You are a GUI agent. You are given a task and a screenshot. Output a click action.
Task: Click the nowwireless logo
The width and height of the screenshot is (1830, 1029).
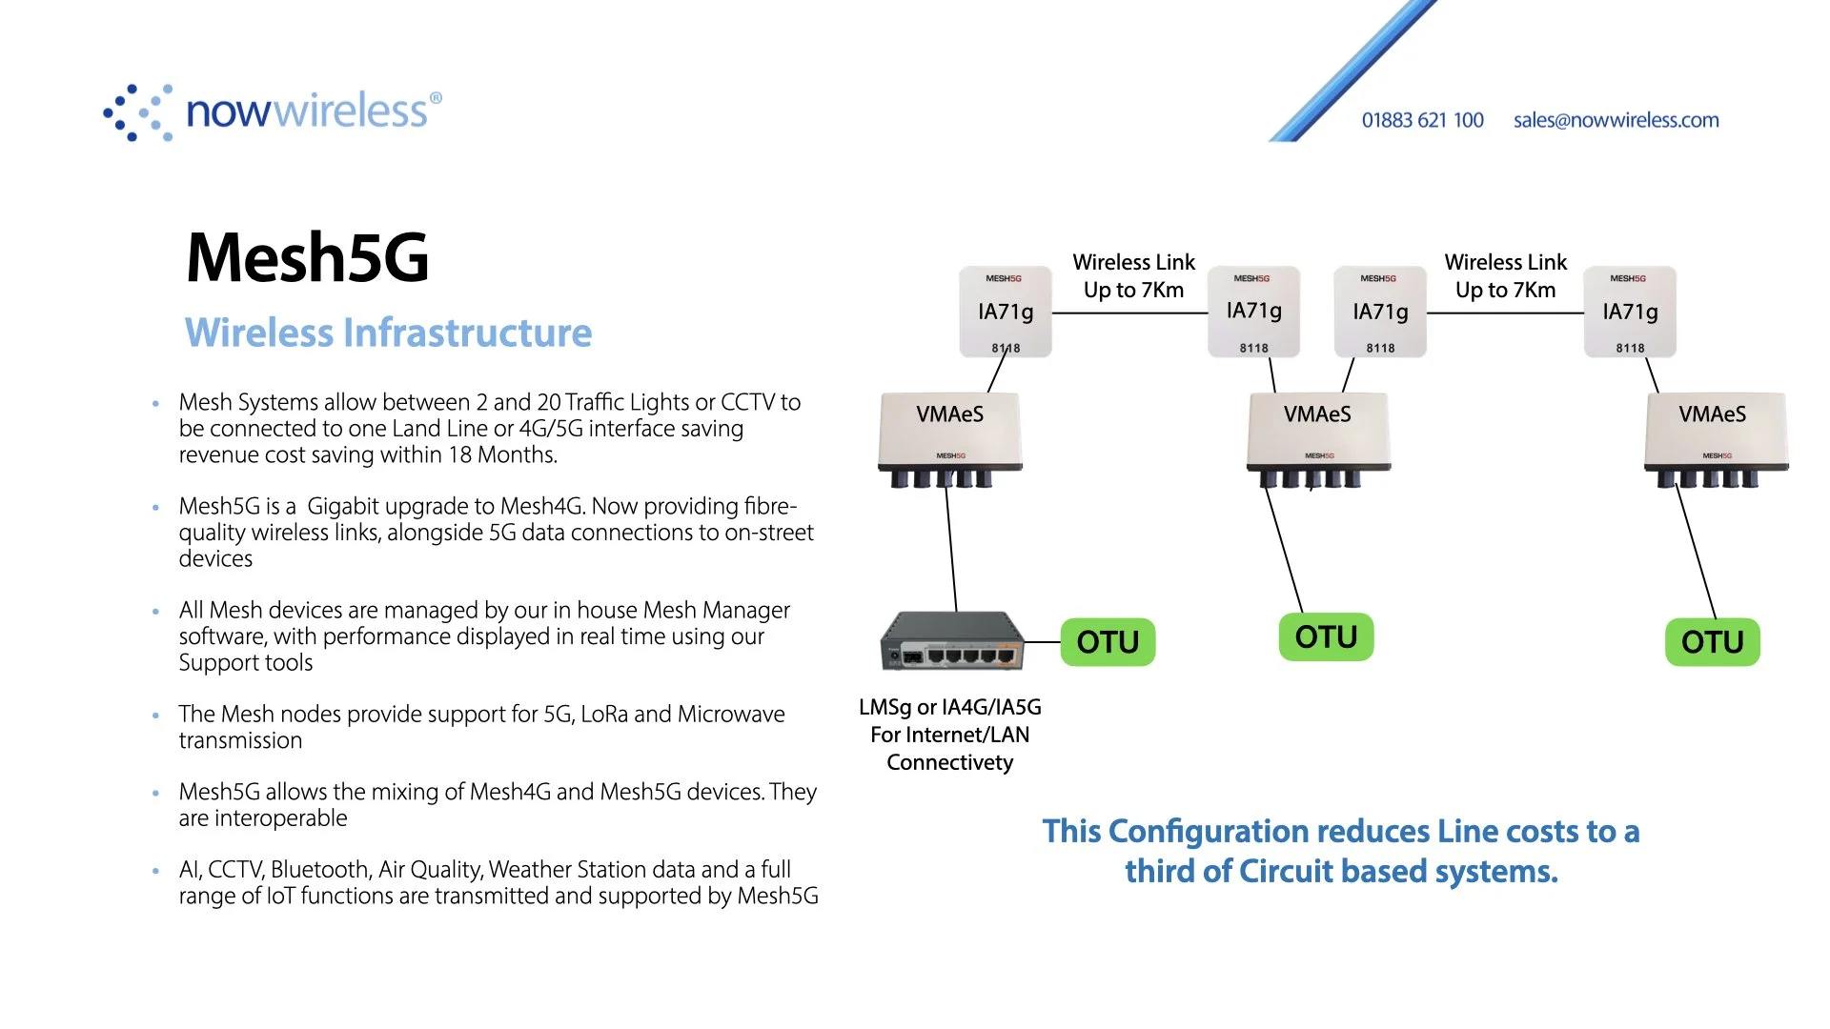(273, 112)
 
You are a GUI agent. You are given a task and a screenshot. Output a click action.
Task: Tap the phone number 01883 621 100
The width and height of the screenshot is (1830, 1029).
(1422, 120)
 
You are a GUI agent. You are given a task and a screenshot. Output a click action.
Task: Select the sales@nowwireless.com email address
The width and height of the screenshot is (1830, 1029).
(1616, 120)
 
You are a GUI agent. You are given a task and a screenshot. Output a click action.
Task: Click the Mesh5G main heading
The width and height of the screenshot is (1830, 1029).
(307, 257)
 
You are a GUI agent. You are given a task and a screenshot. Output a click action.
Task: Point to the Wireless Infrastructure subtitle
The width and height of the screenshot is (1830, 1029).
(388, 333)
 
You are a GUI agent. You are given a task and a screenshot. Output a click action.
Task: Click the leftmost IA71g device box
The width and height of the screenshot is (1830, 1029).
(1005, 312)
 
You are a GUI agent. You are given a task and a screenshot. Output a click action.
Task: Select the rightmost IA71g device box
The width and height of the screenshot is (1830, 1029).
(1630, 312)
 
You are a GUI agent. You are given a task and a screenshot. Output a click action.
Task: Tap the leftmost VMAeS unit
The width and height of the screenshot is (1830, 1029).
(949, 434)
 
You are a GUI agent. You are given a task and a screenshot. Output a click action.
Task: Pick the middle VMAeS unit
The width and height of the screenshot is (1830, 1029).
(1317, 434)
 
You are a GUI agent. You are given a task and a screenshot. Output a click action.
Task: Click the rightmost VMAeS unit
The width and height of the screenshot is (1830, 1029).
(1714, 434)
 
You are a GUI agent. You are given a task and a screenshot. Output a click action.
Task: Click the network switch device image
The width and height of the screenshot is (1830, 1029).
(951, 641)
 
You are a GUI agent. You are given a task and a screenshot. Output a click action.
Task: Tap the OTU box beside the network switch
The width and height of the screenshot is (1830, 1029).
(1108, 642)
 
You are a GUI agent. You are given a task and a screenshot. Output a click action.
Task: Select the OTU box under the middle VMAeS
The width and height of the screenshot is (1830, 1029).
(1326, 636)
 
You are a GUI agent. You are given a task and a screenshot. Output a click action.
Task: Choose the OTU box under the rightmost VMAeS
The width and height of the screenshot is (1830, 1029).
(1712, 642)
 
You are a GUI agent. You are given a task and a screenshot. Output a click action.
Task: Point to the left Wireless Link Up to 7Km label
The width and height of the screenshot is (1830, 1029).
(1133, 276)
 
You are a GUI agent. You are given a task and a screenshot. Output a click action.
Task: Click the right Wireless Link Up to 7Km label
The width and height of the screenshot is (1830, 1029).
(1505, 276)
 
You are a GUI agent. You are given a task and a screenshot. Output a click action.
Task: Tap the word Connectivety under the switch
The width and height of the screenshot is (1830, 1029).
(949, 762)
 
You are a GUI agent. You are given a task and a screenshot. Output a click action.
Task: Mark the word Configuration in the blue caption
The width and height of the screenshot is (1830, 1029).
(1198, 831)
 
